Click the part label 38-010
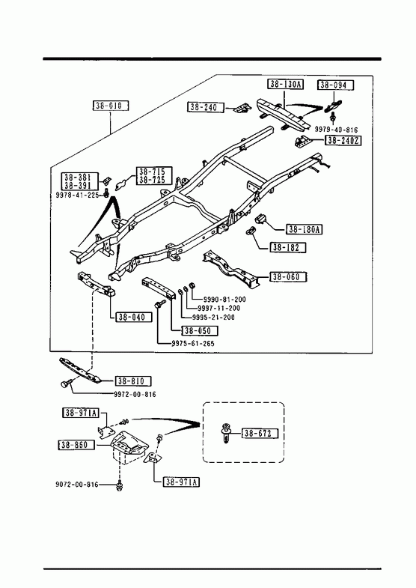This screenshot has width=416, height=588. [x=111, y=106]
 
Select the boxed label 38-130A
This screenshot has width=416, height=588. [x=285, y=84]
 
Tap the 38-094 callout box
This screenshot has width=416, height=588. [x=336, y=85]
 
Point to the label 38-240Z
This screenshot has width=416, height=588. [x=343, y=141]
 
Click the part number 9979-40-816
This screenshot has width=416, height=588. [x=336, y=130]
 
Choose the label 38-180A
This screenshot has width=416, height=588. [x=305, y=229]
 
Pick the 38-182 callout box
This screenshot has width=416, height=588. [x=287, y=247]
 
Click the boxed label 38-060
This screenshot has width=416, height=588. [x=288, y=277]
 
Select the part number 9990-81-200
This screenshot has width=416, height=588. [x=224, y=300]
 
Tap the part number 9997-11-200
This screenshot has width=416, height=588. [x=218, y=309]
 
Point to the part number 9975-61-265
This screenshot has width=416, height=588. [x=193, y=344]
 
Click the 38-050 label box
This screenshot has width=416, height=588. [x=199, y=331]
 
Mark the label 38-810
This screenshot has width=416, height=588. [x=133, y=381]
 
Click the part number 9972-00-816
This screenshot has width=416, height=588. [x=135, y=395]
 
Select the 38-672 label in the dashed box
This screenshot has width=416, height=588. [x=260, y=434]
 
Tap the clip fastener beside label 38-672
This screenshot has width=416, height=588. [x=225, y=433]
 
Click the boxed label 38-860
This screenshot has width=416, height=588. [x=76, y=445]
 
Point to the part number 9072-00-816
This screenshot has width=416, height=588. [x=77, y=485]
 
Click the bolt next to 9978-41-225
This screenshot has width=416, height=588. [x=106, y=194]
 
